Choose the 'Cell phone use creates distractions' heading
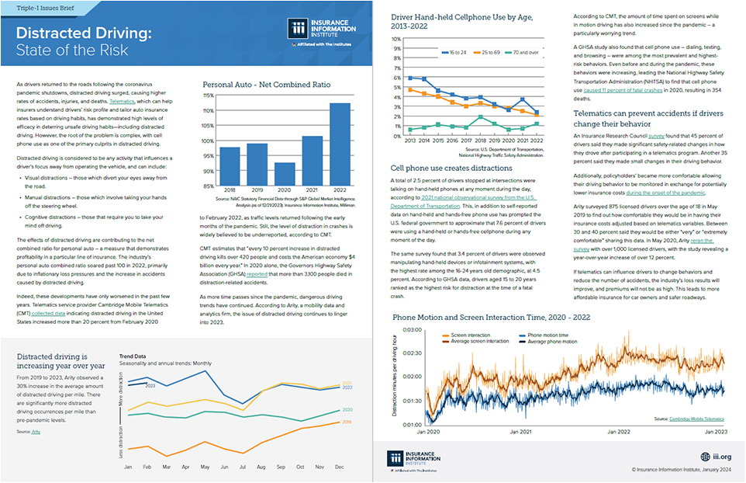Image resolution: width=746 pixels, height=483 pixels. [451, 168]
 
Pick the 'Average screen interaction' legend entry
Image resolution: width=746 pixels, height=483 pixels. [479, 342]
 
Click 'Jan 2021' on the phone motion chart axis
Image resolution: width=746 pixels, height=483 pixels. [522, 432]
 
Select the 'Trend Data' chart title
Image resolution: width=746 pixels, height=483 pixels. [133, 357]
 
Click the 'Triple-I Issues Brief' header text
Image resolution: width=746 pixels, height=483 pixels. [39, 7]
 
